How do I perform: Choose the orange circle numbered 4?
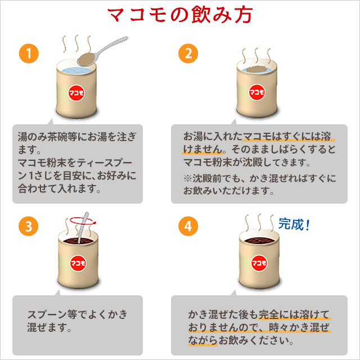[187, 227]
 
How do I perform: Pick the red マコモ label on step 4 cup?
[258, 263]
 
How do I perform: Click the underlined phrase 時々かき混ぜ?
[301, 327]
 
